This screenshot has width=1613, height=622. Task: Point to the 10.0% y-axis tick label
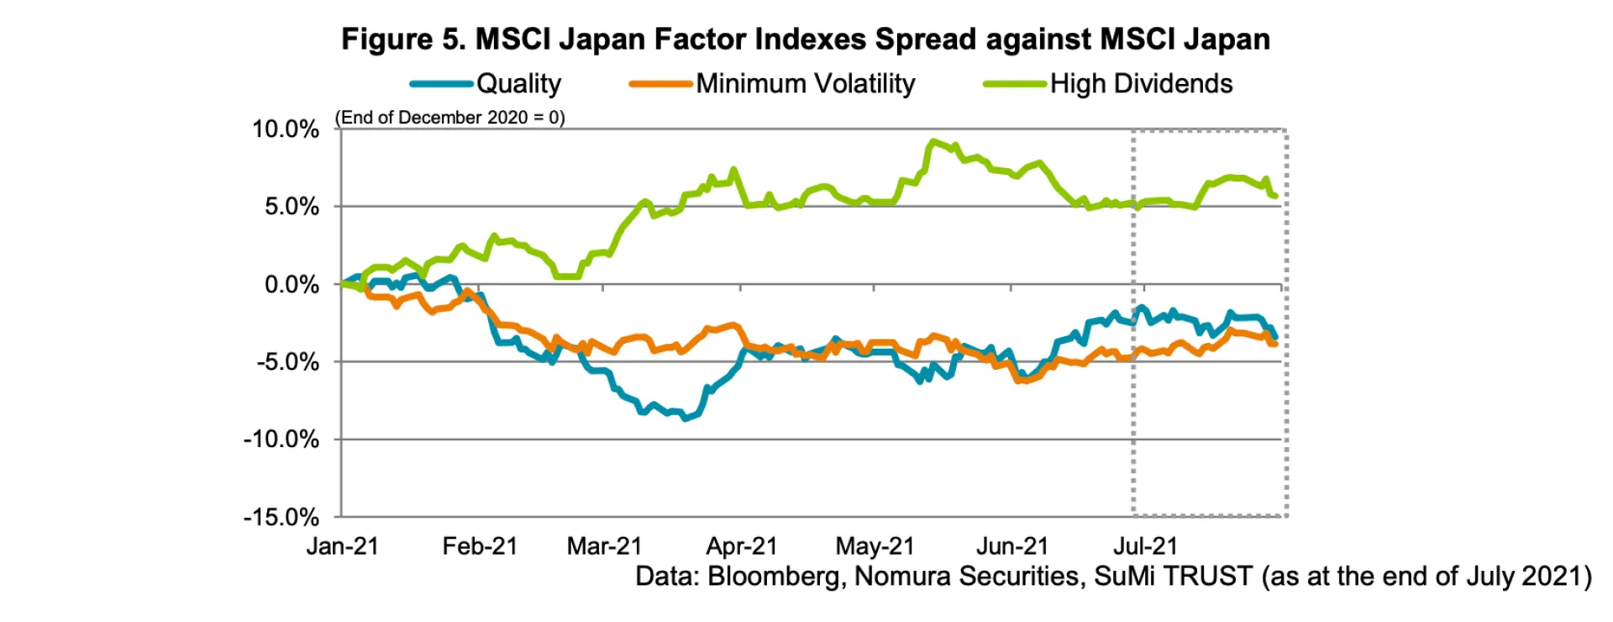tap(286, 129)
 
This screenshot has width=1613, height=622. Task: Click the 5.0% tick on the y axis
tap(292, 207)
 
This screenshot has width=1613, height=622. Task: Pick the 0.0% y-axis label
tap(292, 285)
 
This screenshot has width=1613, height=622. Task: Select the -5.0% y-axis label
tap(288, 362)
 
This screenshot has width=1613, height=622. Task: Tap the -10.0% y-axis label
tap(281, 440)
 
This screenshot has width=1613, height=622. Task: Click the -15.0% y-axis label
tap(281, 517)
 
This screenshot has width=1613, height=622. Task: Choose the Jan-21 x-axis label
tap(343, 546)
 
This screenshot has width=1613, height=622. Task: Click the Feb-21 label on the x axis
tap(480, 546)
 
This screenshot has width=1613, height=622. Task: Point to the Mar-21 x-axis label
tap(604, 546)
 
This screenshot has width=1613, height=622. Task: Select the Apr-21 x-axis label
tap(742, 546)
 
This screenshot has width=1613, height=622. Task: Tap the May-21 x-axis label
tap(875, 546)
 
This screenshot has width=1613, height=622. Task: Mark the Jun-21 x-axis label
tap(1012, 546)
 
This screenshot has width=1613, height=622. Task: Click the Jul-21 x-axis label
tap(1145, 546)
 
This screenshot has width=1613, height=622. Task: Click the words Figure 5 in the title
tap(402, 40)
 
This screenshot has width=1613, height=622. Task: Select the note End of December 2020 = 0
tap(450, 118)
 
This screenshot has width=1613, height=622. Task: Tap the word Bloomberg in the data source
tap(773, 577)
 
